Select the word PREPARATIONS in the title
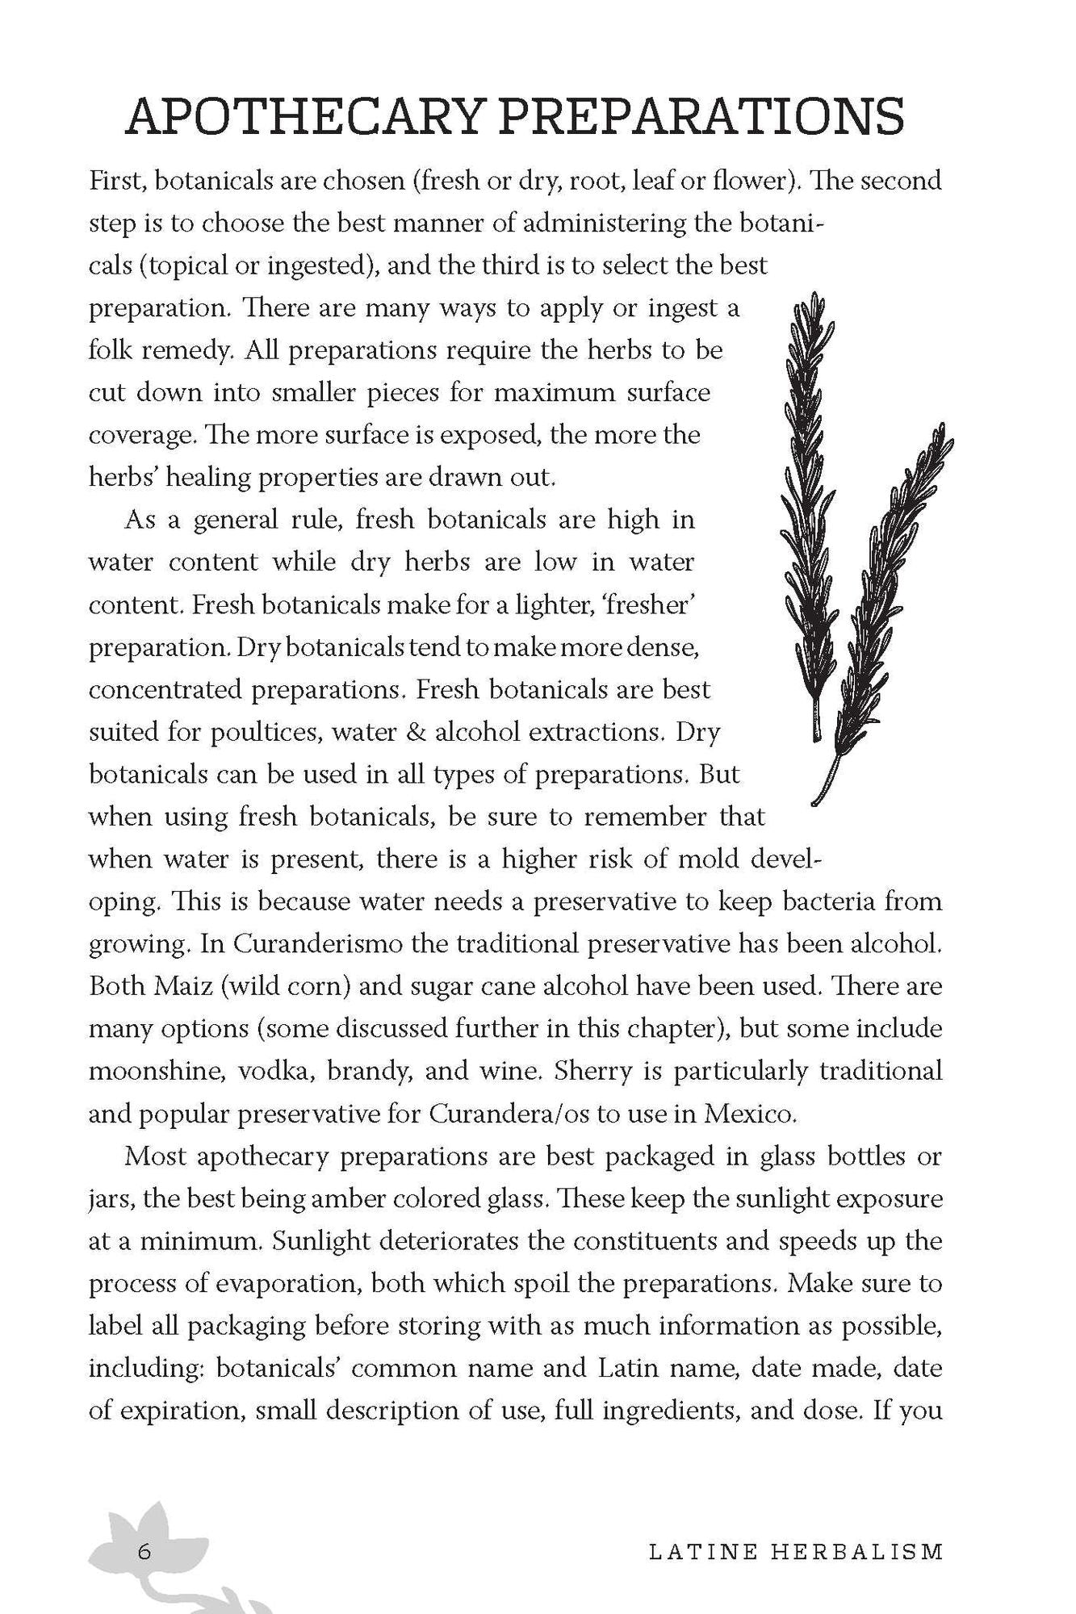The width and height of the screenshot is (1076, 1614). [701, 118]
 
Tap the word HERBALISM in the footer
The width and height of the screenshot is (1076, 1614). [857, 1552]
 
